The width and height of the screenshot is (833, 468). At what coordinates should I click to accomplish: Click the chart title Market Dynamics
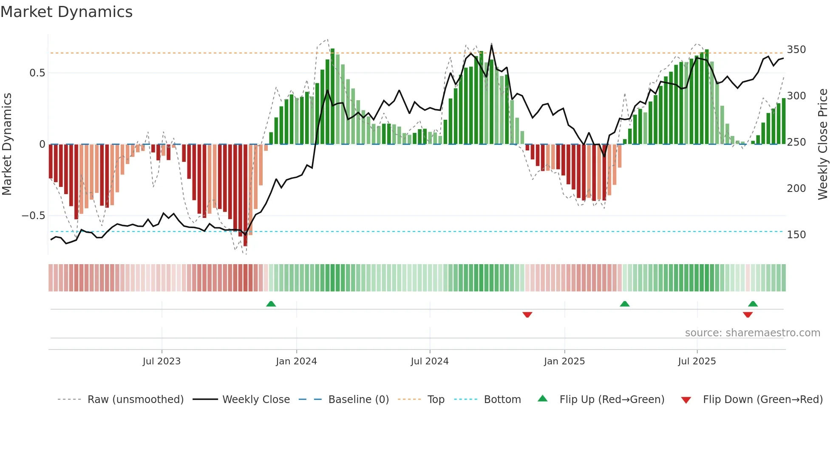tap(67, 12)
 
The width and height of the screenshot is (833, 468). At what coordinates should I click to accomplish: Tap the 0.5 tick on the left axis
tap(37, 73)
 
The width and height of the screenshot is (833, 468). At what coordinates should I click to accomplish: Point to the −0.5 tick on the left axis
tap(34, 216)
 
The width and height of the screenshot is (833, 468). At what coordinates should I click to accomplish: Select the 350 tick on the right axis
tap(796, 50)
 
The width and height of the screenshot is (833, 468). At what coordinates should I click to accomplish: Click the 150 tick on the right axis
tap(796, 235)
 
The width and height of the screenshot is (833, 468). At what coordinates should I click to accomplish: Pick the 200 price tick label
tap(796, 189)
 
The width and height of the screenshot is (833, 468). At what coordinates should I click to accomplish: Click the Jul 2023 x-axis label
tap(161, 361)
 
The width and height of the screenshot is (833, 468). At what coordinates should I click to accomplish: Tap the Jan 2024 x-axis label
tap(296, 361)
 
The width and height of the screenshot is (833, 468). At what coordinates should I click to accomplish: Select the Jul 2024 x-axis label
tap(429, 361)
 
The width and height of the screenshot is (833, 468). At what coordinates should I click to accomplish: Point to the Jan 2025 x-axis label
tap(564, 361)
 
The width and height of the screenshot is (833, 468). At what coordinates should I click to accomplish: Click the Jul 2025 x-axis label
tap(697, 361)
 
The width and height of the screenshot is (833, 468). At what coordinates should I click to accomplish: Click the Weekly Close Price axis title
tap(823, 144)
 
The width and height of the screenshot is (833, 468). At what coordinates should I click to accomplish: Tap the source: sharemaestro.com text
tap(752, 333)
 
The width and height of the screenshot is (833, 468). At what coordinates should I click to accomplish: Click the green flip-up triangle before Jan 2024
tap(271, 304)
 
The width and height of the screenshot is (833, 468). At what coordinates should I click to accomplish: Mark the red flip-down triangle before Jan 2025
tap(527, 315)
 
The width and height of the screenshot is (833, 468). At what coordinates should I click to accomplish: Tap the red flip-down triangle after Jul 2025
tap(748, 315)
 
